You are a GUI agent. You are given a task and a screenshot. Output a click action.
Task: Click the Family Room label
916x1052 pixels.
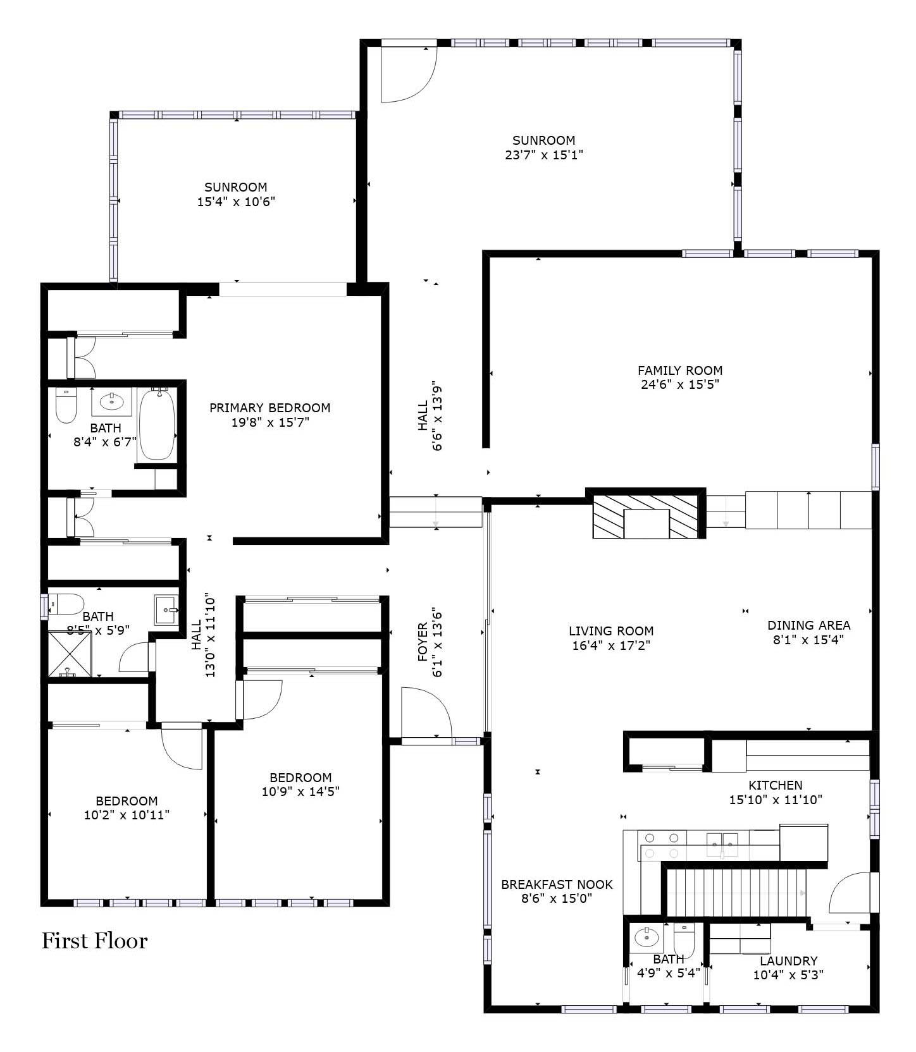(679, 370)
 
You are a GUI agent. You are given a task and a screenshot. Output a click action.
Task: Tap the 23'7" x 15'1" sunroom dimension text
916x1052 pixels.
(544, 155)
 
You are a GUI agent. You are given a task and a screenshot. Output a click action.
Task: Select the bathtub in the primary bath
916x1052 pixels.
(157, 424)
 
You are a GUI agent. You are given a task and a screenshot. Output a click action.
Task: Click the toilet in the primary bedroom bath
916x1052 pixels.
(66, 405)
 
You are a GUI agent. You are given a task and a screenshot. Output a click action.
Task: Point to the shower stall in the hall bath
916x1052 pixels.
(70, 654)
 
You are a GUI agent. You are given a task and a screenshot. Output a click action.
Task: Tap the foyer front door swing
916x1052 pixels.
(426, 713)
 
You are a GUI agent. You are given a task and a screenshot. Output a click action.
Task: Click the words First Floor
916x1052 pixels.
(95, 941)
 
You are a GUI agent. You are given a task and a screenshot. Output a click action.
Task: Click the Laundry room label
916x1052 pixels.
(789, 961)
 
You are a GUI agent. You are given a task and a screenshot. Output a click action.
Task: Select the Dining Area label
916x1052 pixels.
(808, 625)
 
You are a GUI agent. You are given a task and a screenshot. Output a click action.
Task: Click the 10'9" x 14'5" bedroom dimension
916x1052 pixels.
(300, 792)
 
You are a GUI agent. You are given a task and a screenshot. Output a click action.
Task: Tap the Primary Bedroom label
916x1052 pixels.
(270, 408)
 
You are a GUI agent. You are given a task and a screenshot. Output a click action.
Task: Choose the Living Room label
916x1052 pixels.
(611, 631)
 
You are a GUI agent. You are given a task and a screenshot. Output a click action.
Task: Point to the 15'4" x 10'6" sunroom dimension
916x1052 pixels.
(237, 202)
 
